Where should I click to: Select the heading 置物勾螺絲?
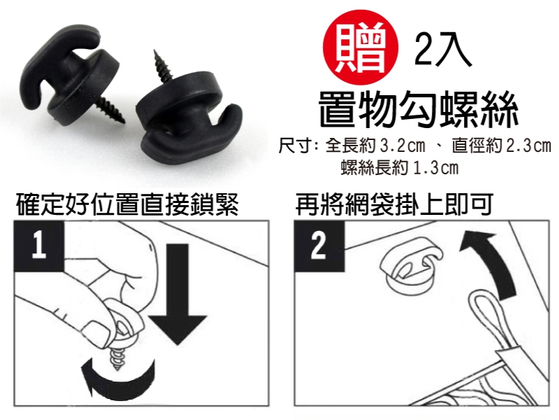[418, 110]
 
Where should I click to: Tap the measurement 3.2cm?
[403, 146]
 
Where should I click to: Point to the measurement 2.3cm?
[529, 146]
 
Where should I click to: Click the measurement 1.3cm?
[435, 168]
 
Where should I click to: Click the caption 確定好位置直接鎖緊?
[127, 204]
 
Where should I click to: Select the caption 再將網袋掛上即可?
[394, 204]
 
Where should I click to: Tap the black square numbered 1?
[39, 246]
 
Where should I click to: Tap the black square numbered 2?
[319, 246]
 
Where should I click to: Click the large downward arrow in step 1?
[177, 293]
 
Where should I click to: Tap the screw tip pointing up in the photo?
[155, 51]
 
